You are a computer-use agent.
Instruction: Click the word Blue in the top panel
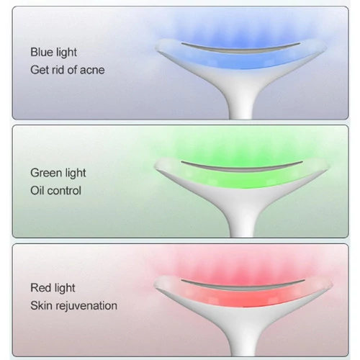[x=41, y=52]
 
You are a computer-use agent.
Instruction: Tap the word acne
[x=92, y=70]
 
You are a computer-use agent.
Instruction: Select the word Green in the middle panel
[x=45, y=173]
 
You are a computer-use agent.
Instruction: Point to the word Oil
[x=37, y=191]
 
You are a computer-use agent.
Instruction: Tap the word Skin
[x=40, y=305]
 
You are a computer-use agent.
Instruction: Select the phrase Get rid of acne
[x=68, y=70]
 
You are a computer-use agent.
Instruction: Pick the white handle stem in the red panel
[x=242, y=343]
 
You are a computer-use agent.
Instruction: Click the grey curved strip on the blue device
[x=240, y=50]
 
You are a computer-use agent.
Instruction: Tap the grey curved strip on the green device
[x=241, y=168]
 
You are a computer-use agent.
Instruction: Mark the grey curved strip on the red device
[x=243, y=287]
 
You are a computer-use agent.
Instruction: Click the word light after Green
[x=74, y=174]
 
